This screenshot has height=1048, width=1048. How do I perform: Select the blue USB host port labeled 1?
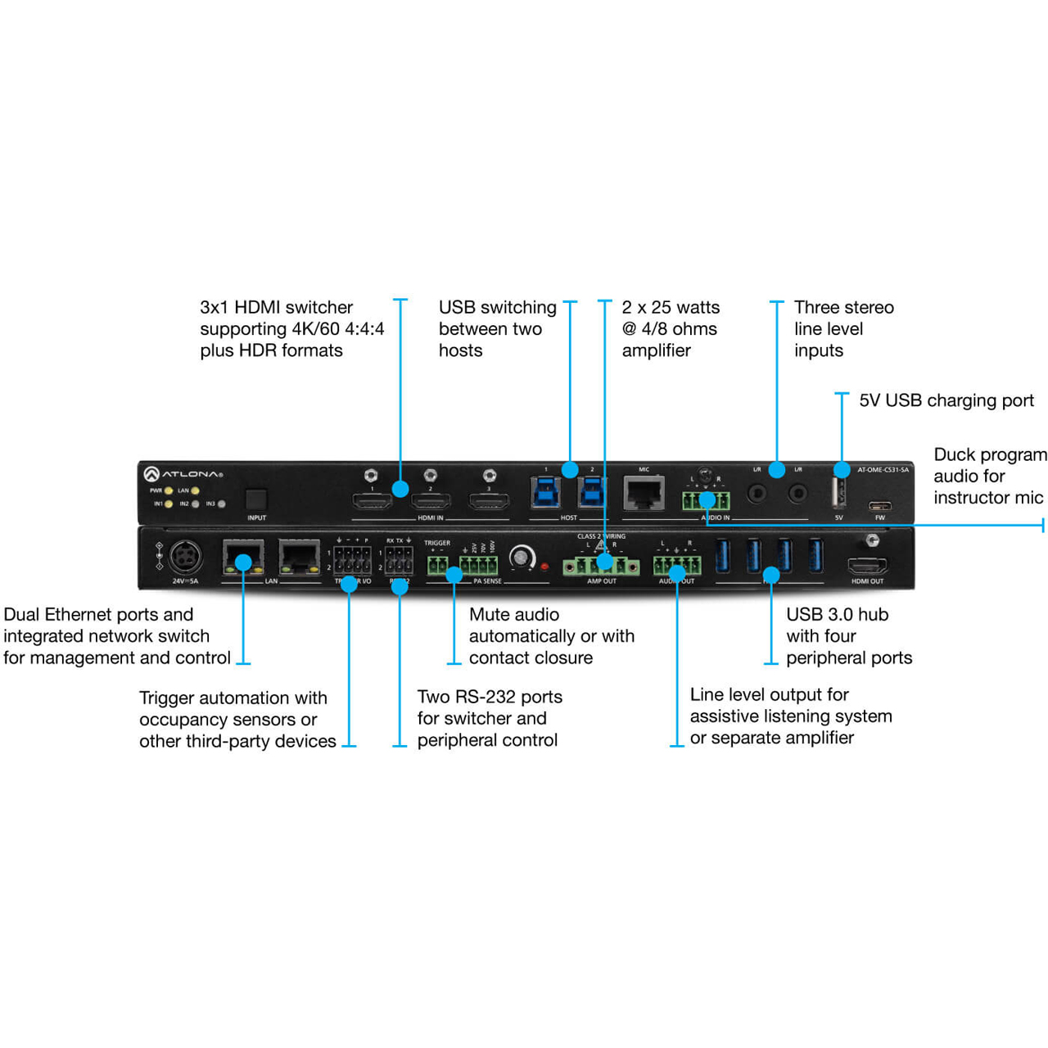(x=546, y=493)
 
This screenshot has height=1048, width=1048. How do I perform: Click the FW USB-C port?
(x=879, y=506)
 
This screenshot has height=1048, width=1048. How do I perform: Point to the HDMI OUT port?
(x=866, y=565)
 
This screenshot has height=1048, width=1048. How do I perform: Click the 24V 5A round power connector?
(x=186, y=558)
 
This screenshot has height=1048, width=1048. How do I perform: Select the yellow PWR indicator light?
(x=169, y=490)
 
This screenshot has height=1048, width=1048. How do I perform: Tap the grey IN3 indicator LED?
(x=222, y=504)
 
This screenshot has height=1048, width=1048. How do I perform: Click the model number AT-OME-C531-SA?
(x=883, y=470)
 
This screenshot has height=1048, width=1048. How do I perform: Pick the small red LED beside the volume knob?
(x=544, y=567)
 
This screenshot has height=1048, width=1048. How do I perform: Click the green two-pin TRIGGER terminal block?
(x=437, y=565)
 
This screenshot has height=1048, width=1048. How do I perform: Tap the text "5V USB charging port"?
(x=946, y=400)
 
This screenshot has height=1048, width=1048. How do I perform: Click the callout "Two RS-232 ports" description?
(x=489, y=718)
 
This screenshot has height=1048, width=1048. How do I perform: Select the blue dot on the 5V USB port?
(x=842, y=470)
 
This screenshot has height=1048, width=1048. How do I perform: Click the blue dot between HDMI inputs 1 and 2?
(x=400, y=489)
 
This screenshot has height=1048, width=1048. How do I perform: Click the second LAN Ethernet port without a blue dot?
(x=299, y=558)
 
